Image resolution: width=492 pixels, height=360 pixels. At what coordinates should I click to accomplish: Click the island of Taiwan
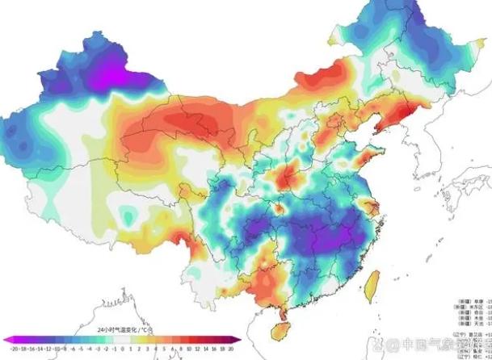[374, 283]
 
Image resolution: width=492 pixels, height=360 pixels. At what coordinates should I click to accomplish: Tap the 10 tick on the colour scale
[188, 349]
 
